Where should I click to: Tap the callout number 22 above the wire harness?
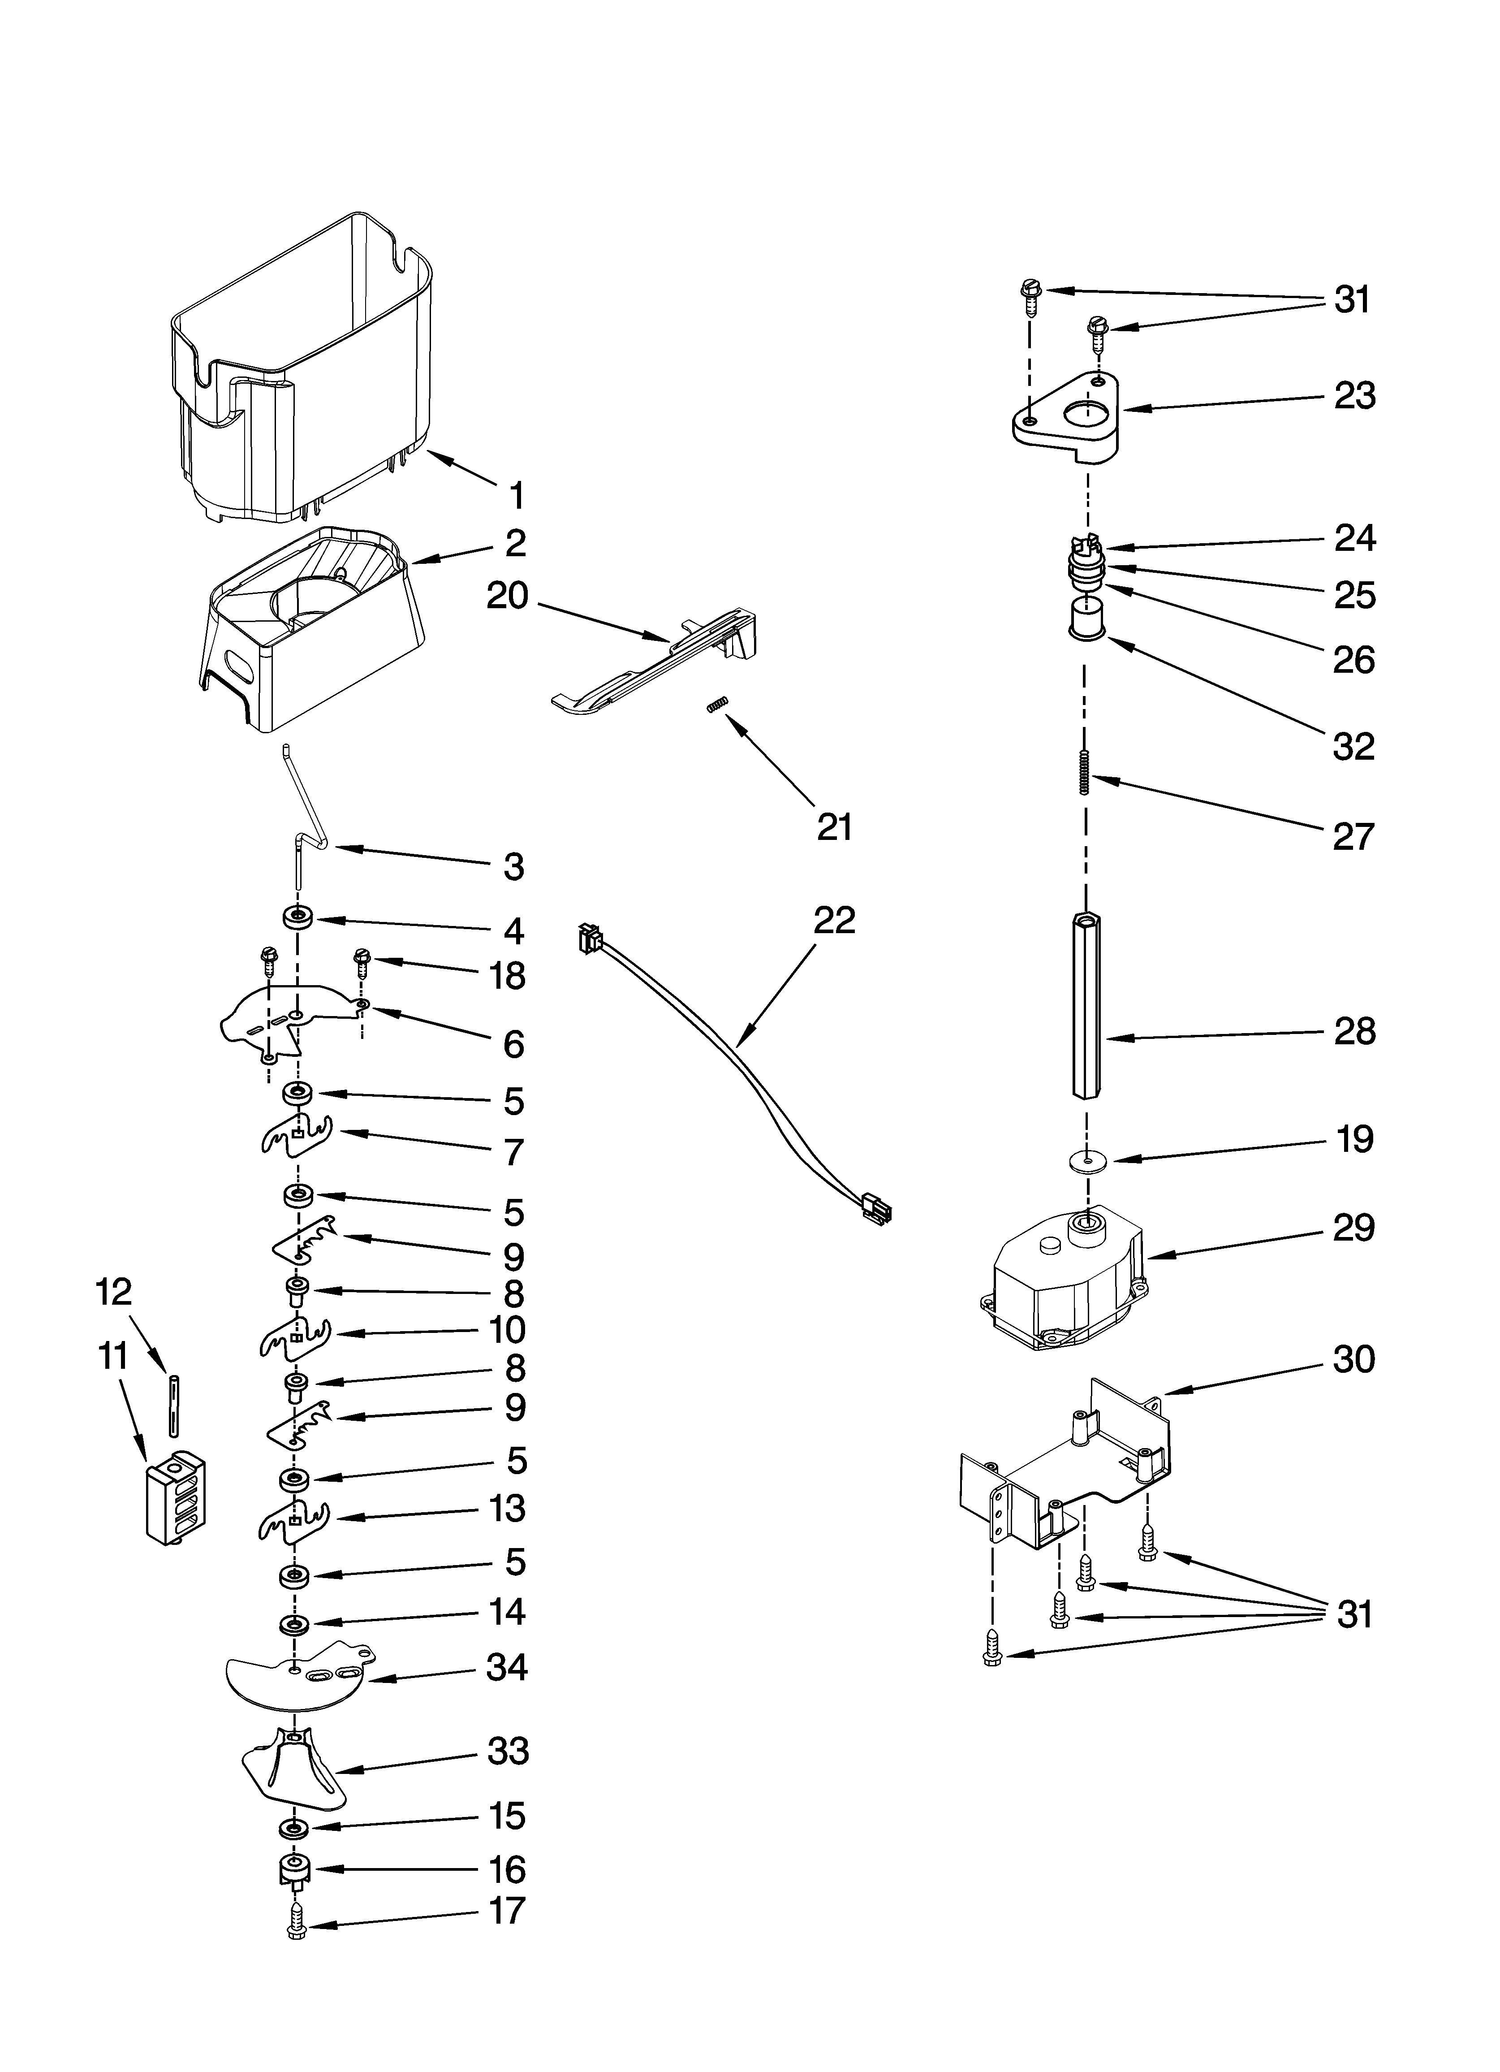834,920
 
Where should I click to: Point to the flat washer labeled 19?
1085,1159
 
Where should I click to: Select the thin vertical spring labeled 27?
1084,772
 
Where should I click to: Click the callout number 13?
507,1508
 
